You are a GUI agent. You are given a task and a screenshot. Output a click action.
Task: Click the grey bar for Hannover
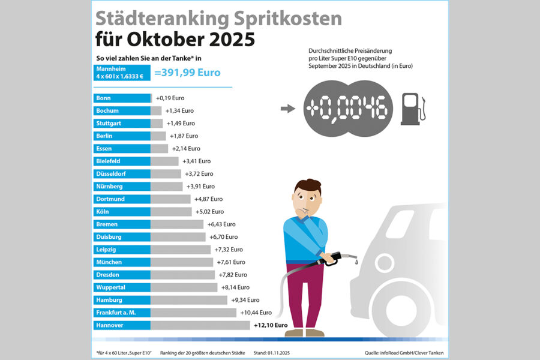(200, 325)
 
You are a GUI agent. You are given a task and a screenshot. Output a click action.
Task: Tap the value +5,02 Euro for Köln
(209, 212)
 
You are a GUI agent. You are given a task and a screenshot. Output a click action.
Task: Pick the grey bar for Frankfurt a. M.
(194, 313)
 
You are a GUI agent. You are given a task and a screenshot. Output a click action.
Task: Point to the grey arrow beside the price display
(288, 109)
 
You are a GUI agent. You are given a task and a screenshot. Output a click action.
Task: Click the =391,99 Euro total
(187, 73)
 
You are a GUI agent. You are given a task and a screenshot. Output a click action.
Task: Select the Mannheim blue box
(122, 73)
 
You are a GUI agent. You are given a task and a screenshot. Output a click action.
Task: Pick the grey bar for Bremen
(178, 224)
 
